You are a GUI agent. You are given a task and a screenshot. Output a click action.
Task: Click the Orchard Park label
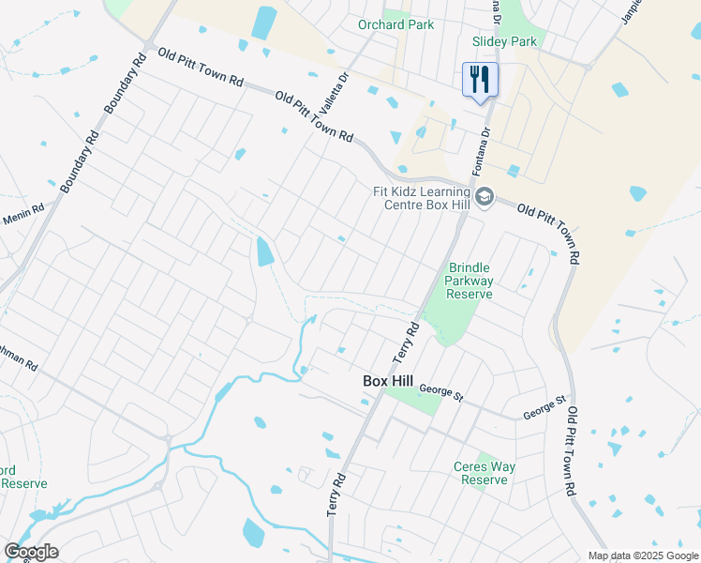[x=396, y=24]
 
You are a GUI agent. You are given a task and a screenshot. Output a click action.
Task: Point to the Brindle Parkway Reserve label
[x=469, y=281]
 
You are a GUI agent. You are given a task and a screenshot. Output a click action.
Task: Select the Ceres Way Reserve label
[x=485, y=473]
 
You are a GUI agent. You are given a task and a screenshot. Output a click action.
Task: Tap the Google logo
[x=31, y=551]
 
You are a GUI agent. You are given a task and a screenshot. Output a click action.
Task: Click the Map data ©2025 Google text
[x=642, y=555]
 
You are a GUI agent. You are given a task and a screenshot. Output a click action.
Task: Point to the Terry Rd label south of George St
[x=337, y=493]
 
